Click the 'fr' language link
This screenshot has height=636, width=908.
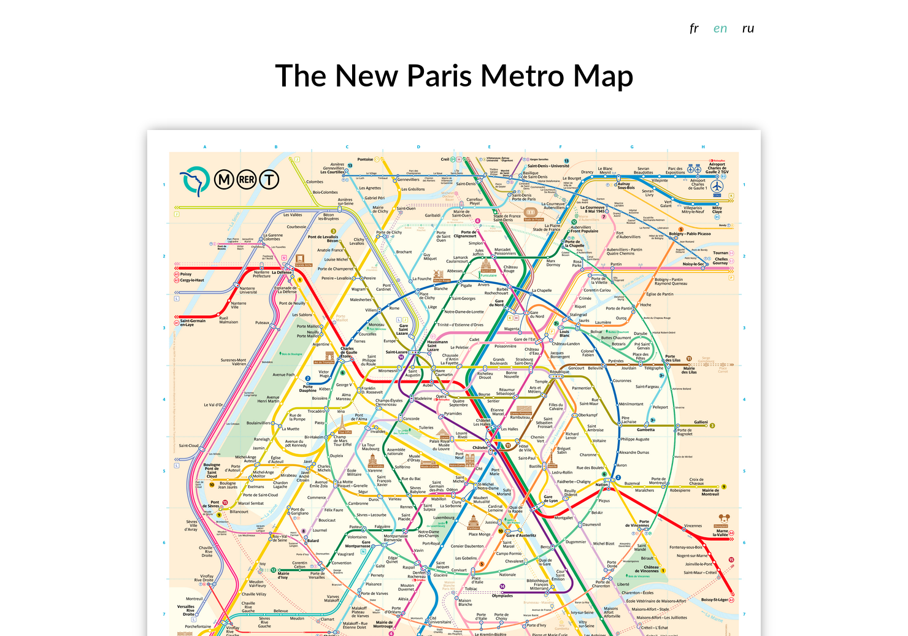694,28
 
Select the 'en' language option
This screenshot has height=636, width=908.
720,28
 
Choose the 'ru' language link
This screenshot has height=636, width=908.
748,28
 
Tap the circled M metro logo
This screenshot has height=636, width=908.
224,179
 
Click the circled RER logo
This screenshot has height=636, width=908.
247,179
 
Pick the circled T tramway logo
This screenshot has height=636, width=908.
269,179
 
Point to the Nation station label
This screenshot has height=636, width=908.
602,485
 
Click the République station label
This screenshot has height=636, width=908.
560,372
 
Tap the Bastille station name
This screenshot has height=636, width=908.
536,466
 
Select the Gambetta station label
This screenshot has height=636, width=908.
645,429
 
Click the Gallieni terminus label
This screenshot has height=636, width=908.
701,422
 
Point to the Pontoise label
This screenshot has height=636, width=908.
365,159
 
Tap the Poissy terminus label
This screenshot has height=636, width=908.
186,274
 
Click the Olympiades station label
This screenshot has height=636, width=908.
502,596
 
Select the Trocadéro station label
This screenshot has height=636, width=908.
316,411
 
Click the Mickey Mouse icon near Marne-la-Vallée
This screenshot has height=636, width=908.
723,520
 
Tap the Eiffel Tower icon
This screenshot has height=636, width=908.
343,423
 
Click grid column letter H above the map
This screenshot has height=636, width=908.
703,147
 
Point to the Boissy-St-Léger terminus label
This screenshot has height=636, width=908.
714,600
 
